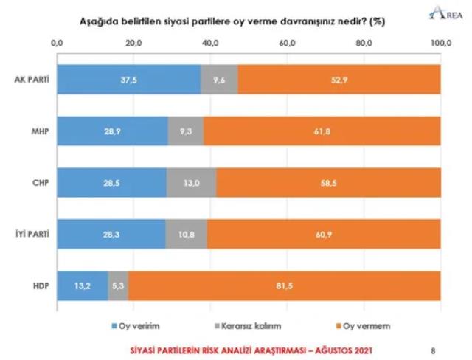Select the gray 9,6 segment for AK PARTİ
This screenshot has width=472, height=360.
point(219,79)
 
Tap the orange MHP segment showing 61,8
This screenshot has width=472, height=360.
point(322,130)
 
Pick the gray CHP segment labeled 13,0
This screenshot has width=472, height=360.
point(191,181)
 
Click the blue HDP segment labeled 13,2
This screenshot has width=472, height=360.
point(83,285)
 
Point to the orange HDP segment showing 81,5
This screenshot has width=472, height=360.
point(284,285)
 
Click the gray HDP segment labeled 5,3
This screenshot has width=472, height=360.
point(118,285)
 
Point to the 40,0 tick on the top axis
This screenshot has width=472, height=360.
point(211,44)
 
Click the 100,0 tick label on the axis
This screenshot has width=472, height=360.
point(441,44)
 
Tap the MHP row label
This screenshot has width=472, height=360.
point(38,130)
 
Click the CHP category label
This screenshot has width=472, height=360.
point(38,181)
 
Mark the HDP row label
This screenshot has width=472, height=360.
point(38,285)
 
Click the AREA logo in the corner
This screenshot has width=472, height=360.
point(442,13)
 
